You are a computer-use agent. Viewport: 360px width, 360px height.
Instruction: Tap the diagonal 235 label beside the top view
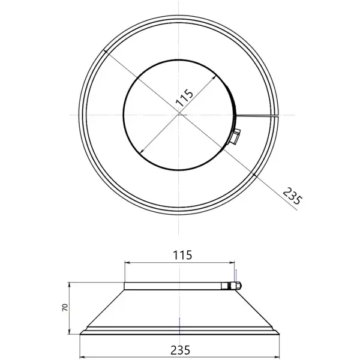291,197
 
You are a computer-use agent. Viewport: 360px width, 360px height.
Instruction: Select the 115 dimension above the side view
181,255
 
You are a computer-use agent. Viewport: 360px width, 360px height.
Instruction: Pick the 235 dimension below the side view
180,349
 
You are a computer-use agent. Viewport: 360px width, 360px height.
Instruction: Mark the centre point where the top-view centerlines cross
179,114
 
